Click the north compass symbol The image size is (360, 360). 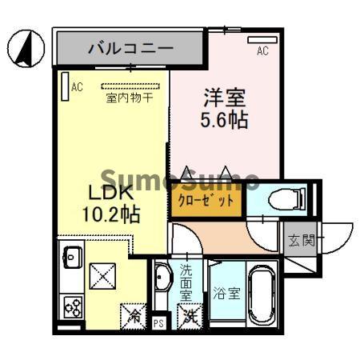(x=26, y=48)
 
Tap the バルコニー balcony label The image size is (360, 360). (x=131, y=48)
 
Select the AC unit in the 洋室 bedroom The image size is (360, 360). (x=262, y=40)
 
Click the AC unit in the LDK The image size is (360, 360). (x=65, y=86)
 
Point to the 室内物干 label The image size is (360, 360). (x=130, y=98)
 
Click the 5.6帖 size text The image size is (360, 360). (x=224, y=120)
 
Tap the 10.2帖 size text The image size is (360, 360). (x=111, y=214)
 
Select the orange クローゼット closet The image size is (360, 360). (x=206, y=200)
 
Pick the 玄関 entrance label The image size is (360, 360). (x=302, y=240)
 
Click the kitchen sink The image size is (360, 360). (x=72, y=257)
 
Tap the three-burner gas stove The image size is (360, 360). (x=73, y=308)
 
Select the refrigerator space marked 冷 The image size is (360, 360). (x=134, y=317)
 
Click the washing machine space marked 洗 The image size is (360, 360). (x=190, y=317)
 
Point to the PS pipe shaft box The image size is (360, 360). (x=158, y=323)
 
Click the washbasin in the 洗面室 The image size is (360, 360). (x=162, y=276)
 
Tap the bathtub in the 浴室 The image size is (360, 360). (x=262, y=294)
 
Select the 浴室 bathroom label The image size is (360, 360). (x=226, y=293)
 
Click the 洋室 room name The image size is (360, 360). (x=225, y=98)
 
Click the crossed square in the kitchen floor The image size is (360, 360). (x=102, y=276)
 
